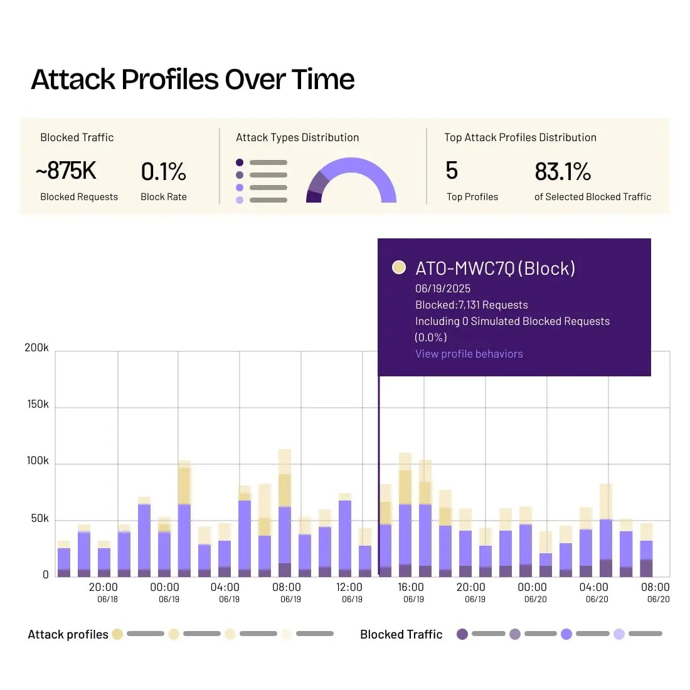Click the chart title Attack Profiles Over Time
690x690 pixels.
click(x=193, y=80)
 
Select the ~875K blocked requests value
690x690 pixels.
click(x=66, y=171)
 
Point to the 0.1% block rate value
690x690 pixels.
click(x=163, y=171)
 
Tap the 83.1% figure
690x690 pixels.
click(x=563, y=171)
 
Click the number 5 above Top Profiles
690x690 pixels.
click(x=452, y=171)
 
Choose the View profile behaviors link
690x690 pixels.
click(x=469, y=354)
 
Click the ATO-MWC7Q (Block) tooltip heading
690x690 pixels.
click(x=495, y=268)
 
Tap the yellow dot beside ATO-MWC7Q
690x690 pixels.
click(x=398, y=268)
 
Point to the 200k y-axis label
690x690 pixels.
click(x=36, y=348)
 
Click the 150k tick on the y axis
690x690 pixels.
click(x=38, y=405)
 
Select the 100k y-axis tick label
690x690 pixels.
click(x=38, y=461)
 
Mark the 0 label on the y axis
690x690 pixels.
click(x=45, y=575)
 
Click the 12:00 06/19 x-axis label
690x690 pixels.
click(x=349, y=592)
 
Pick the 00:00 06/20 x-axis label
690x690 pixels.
click(x=533, y=592)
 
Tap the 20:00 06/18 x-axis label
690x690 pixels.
click(x=103, y=592)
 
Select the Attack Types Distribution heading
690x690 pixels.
click(x=297, y=137)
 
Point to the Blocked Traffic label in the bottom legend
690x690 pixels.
click(x=401, y=634)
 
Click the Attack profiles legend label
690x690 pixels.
click(x=68, y=634)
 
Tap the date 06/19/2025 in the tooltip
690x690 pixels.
click(x=443, y=289)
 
